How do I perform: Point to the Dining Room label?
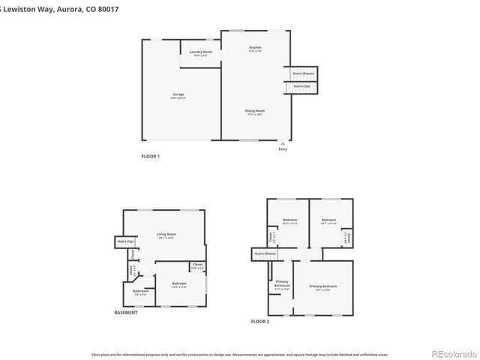(255, 112)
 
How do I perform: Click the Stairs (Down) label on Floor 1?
(298, 73)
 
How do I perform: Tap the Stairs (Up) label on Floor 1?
(301, 86)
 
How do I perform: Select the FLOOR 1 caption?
(151, 156)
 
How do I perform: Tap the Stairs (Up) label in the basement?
(125, 241)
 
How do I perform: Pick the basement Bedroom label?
(179, 284)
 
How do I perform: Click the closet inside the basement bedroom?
(197, 265)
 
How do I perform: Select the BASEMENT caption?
(126, 313)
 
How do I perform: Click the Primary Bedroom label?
(323, 287)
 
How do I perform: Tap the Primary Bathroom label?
(282, 286)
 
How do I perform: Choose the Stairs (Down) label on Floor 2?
(265, 253)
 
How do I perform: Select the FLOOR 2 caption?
(259, 321)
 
